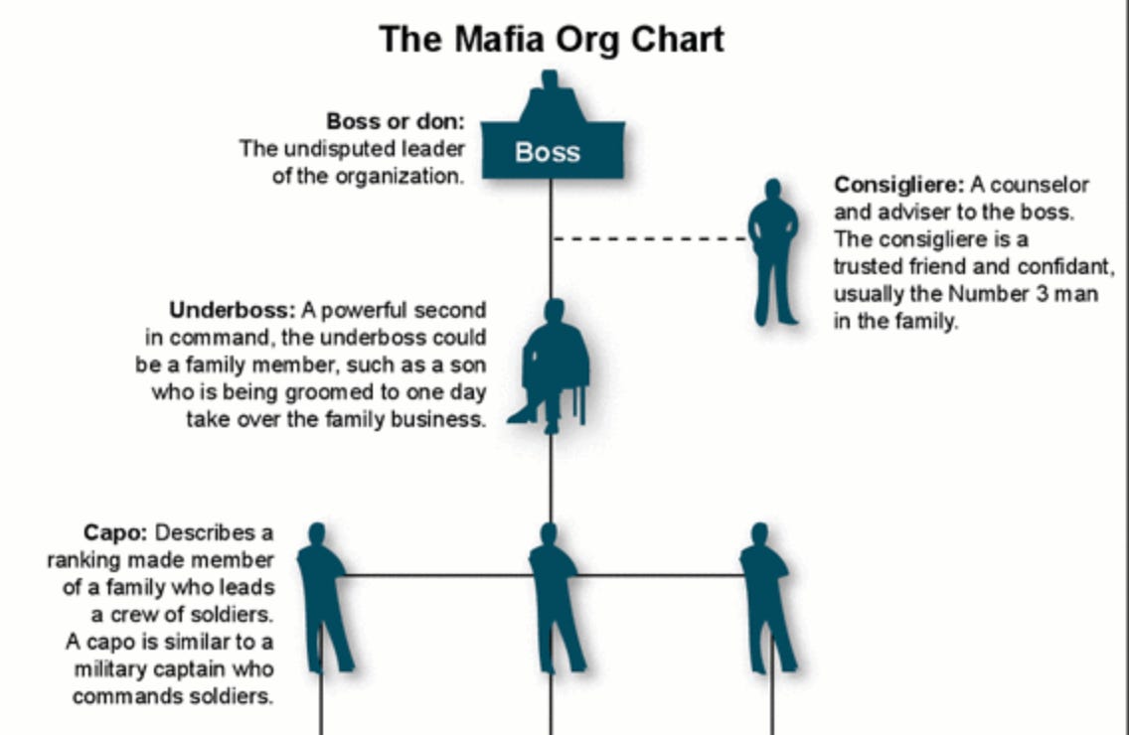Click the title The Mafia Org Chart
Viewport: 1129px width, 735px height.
(552, 40)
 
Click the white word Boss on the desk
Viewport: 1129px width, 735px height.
(547, 153)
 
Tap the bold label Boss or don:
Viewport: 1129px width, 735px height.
(396, 122)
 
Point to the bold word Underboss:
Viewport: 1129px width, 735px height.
(233, 309)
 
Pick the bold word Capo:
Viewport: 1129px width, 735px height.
(114, 532)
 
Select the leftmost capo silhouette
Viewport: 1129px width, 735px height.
(322, 596)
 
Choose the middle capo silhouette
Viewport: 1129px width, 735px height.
(553, 596)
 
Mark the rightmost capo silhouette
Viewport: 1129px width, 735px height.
(765, 596)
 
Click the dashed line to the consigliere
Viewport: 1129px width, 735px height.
(651, 238)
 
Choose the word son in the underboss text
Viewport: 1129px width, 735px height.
(469, 365)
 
